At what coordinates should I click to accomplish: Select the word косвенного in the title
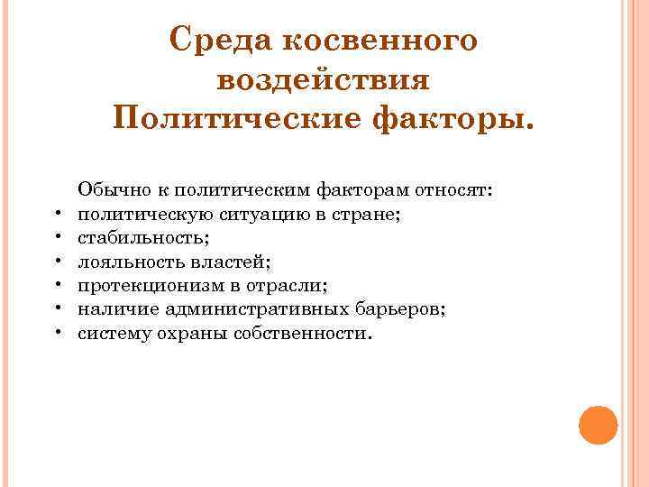coord(382,41)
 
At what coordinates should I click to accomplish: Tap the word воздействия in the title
coord(324,80)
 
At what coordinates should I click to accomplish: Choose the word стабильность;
coord(133,238)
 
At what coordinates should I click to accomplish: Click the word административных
coord(269,310)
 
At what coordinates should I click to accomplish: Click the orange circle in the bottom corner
coord(598,424)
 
